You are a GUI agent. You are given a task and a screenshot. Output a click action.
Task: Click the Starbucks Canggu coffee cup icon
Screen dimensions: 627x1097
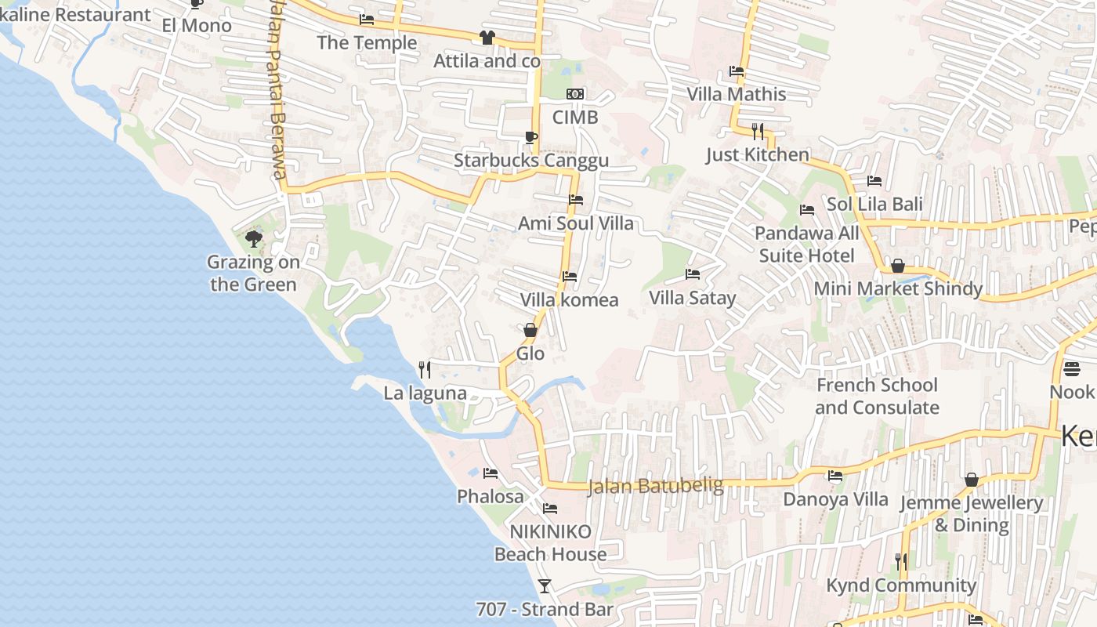(531, 138)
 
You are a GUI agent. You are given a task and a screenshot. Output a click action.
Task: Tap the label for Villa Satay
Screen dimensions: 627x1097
(692, 298)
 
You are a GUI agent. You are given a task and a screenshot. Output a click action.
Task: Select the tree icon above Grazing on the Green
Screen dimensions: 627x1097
(253, 238)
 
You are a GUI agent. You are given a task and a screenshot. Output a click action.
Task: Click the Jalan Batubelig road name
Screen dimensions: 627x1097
(655, 486)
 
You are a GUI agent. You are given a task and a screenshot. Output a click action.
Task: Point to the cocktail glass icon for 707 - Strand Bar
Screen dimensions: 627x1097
(545, 585)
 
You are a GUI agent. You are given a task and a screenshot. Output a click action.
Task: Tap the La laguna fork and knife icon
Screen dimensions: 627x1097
(425, 369)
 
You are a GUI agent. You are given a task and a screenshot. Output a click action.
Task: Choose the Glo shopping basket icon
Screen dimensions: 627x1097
(530, 330)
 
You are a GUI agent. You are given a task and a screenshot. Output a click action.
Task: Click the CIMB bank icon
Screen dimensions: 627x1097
(575, 95)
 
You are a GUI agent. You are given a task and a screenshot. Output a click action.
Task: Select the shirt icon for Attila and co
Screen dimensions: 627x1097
(487, 37)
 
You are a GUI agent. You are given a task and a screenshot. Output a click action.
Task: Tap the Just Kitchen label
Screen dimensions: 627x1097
(757, 154)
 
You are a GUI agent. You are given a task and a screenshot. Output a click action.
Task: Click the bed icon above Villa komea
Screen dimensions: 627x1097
(570, 277)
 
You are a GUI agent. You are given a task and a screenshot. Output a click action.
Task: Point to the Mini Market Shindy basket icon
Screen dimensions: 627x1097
(898, 266)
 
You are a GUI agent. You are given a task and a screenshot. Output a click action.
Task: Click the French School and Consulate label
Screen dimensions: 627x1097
(877, 396)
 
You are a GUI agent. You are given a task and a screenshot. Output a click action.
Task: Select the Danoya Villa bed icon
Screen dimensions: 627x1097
(835, 476)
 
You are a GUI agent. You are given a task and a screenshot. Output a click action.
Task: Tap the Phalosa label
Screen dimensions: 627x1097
(491, 496)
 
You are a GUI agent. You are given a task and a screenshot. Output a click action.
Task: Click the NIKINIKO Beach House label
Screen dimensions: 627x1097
(550, 542)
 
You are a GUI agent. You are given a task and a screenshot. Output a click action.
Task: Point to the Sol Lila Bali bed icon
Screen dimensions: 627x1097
(874, 181)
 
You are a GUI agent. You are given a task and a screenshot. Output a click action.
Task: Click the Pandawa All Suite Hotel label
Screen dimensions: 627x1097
(806, 244)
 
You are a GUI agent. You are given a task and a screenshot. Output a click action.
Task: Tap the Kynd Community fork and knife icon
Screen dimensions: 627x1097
(901, 561)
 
